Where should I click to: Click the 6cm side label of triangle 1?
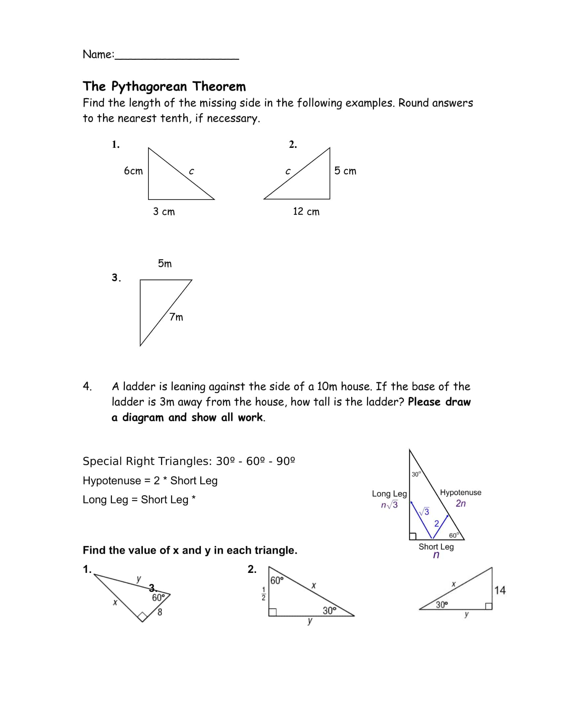click(x=133, y=171)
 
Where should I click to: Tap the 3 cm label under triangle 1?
click(x=164, y=212)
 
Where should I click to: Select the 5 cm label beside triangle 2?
click(x=345, y=171)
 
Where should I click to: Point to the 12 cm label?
click(x=306, y=212)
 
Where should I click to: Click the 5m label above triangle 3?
click(x=165, y=264)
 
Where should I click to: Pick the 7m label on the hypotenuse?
click(x=176, y=317)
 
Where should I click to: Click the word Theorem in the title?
click(x=219, y=86)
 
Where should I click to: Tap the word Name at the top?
click(x=98, y=54)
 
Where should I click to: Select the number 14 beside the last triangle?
click(x=500, y=590)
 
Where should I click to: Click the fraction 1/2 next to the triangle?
click(x=264, y=594)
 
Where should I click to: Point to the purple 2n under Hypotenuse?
click(x=461, y=503)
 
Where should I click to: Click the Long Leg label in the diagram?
click(x=389, y=494)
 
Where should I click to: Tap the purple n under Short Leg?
click(x=436, y=555)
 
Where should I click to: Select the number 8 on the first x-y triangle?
click(x=160, y=612)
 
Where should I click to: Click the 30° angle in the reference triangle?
click(x=416, y=474)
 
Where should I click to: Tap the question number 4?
click(x=87, y=386)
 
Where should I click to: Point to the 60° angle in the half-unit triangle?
click(x=277, y=580)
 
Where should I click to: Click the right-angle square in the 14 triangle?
click(x=488, y=606)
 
